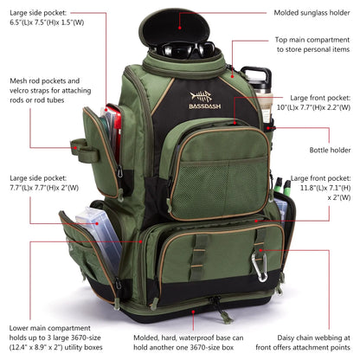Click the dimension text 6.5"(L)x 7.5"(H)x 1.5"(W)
point(43,25)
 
